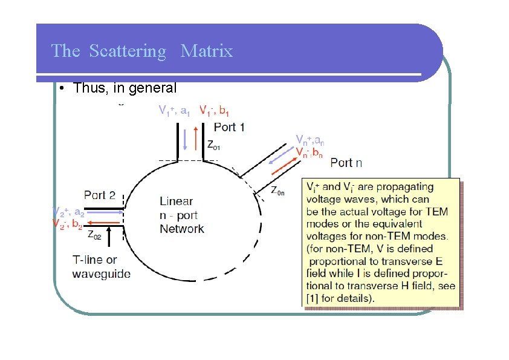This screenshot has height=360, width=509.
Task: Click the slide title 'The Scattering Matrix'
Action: [142, 51]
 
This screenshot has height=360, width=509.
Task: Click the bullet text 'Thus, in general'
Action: [125, 88]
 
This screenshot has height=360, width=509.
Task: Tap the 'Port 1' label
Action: [230, 127]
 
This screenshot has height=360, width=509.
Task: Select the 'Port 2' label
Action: [100, 195]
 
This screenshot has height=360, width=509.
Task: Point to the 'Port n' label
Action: [346, 162]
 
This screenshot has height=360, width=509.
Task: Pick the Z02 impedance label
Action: [94, 234]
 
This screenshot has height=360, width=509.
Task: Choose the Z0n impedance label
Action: [277, 191]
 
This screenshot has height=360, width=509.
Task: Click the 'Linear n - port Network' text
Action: [181, 215]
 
